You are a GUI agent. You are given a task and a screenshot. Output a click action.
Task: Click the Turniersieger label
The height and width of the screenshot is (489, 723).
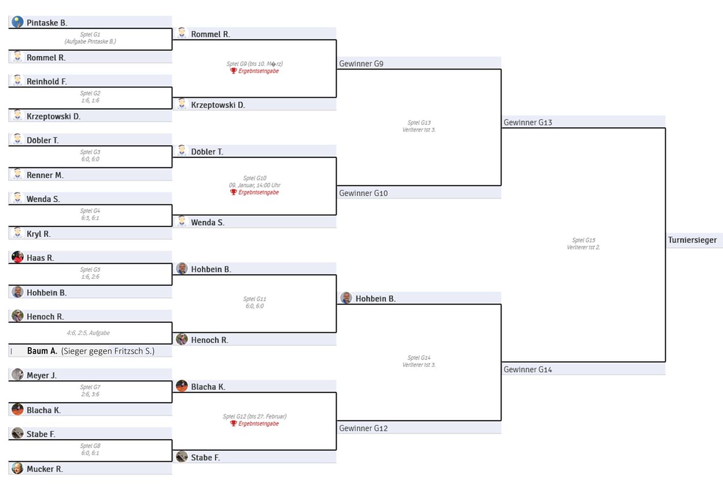[692, 240]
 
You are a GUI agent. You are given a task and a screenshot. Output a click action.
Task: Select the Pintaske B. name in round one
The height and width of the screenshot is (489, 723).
[47, 23]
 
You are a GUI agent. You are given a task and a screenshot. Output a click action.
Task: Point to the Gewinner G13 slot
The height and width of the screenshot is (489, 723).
[528, 123]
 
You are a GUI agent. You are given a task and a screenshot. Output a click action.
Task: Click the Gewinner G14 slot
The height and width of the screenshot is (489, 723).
[528, 369]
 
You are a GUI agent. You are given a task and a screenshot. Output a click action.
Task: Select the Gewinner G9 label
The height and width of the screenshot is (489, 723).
[361, 64]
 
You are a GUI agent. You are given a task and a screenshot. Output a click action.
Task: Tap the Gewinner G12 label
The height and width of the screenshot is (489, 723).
[363, 428]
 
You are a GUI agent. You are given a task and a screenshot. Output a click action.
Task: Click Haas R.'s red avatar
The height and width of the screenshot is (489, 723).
[17, 258]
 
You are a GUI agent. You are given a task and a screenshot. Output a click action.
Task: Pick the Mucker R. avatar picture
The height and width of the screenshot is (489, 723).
[17, 469]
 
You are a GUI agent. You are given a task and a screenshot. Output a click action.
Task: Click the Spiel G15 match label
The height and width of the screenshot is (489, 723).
[583, 240]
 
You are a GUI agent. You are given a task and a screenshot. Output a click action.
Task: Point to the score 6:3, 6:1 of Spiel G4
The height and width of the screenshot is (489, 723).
[90, 218]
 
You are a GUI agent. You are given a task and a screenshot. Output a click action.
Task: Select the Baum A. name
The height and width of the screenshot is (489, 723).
[42, 351]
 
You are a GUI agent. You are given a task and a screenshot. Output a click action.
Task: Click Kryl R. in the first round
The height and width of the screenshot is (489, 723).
[38, 234]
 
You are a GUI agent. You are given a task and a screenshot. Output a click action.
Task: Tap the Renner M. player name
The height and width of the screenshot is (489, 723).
[45, 175]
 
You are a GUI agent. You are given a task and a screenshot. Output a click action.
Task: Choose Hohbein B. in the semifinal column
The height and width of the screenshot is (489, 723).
[375, 299]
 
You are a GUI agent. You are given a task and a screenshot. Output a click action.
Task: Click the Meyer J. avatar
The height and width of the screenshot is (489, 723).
[17, 375]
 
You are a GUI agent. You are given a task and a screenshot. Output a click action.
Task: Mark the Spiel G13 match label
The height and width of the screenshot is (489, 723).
[419, 123]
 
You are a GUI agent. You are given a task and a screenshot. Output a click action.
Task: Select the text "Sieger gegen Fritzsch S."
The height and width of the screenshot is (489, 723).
[108, 351]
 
